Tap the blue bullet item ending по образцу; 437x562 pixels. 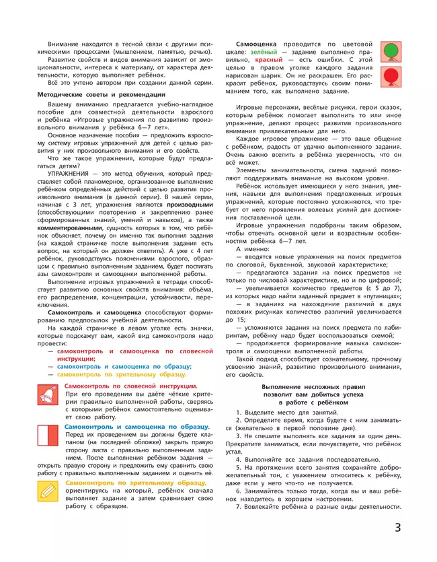point(124,366)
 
